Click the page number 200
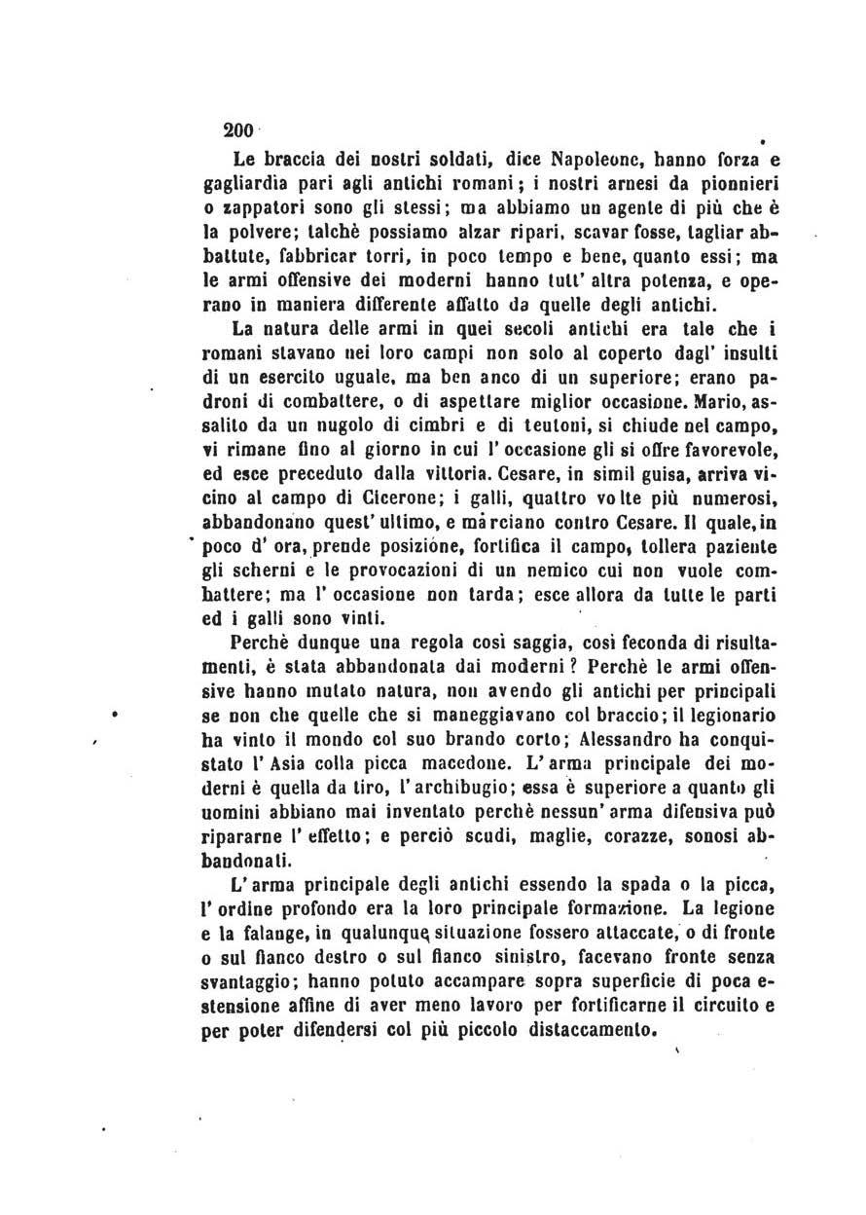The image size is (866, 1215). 237,130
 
